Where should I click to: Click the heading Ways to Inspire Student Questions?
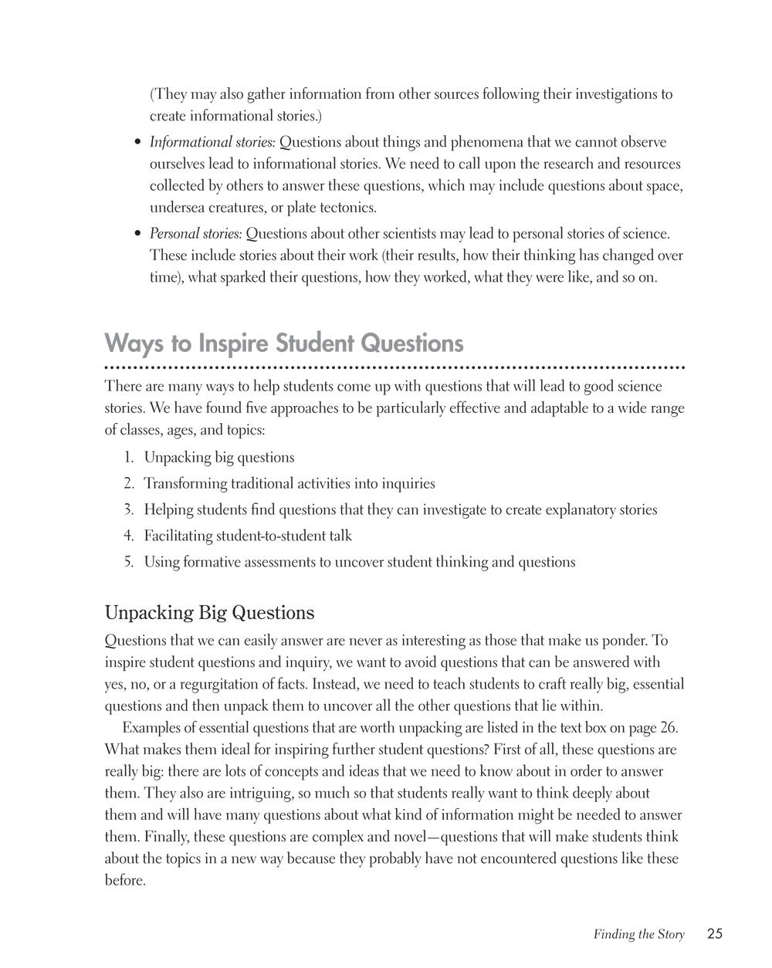[x=284, y=343]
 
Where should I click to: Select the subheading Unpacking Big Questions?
[x=209, y=613]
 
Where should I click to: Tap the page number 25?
[x=714, y=934]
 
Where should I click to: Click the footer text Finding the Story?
[x=638, y=935]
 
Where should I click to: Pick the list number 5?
[x=129, y=562]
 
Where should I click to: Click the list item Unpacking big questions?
[x=219, y=458]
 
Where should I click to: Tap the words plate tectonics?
[x=340, y=208]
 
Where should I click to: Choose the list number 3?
[x=129, y=509]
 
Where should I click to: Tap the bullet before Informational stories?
[x=137, y=144]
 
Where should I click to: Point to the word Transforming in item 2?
[x=185, y=484]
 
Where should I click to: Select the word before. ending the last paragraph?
[x=125, y=880]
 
